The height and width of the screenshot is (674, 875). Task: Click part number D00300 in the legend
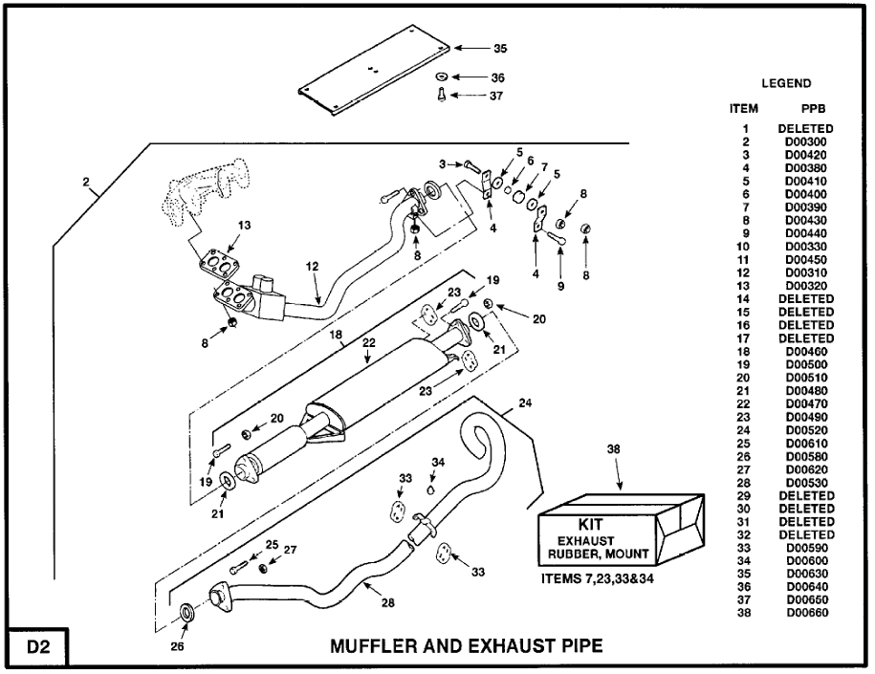pyautogui.click(x=805, y=141)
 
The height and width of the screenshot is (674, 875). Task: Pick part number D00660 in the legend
pyautogui.click(x=805, y=613)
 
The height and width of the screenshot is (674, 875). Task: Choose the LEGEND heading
pyautogui.click(x=786, y=84)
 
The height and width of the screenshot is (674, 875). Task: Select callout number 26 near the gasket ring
pyautogui.click(x=179, y=645)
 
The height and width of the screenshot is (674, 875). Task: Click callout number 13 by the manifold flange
pyautogui.click(x=244, y=226)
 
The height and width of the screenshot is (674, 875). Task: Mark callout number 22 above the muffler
pyautogui.click(x=370, y=343)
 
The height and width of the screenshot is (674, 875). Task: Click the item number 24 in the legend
pyautogui.click(x=744, y=430)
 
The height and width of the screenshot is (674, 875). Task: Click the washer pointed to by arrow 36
pyautogui.click(x=441, y=76)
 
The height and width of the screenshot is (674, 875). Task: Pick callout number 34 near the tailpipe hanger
pyautogui.click(x=437, y=464)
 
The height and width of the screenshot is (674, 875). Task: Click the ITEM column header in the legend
pyautogui.click(x=743, y=110)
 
